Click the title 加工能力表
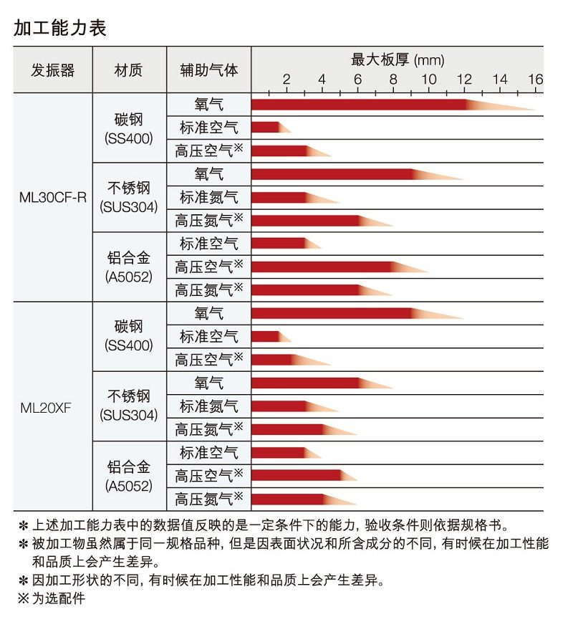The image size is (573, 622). tap(60, 28)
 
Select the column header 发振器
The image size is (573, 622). tap(53, 70)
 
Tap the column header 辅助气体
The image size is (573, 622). tap(208, 70)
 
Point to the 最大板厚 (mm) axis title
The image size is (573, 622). tap(398, 59)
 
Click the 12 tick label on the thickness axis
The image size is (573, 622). tap(464, 80)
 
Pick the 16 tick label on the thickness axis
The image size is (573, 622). tap(535, 80)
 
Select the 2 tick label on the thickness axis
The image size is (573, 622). tap(286, 80)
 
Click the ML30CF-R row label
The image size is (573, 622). tap(53, 197)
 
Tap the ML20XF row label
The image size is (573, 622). tap(45, 408)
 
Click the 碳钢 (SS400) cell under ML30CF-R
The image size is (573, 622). tap(129, 128)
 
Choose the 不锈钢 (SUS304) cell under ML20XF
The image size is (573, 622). tap(129, 406)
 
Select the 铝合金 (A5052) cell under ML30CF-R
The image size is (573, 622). tap(129, 266)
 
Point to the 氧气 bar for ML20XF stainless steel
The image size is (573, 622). tap(308, 383)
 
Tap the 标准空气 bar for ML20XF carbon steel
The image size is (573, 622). tap(266, 336)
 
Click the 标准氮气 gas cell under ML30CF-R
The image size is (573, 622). tap(208, 197)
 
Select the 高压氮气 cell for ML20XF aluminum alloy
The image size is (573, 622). tap(208, 499)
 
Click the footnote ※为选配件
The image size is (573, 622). tap(51, 598)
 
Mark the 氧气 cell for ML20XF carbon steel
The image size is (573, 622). tap(208, 313)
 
